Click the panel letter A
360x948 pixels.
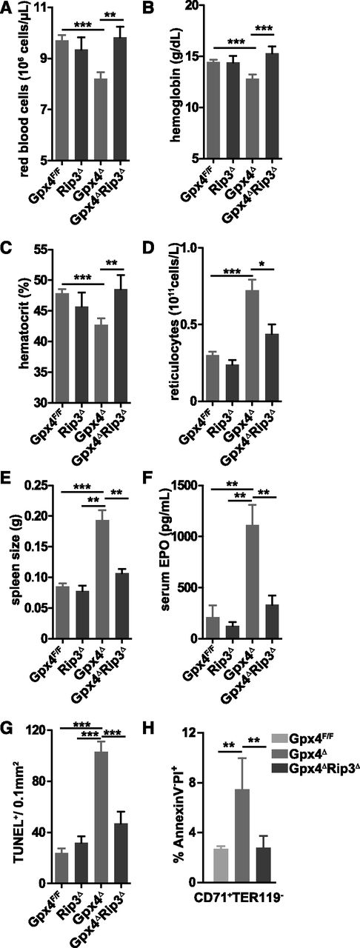pyautogui.click(x=7, y=9)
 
